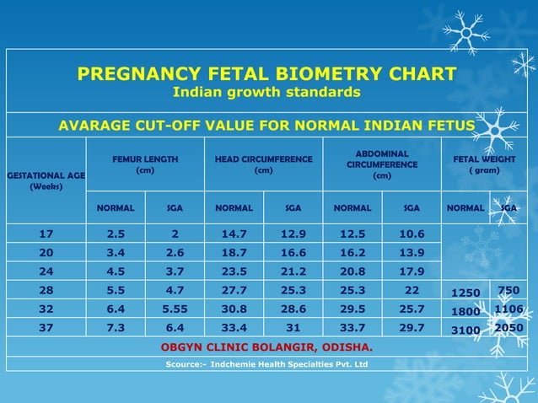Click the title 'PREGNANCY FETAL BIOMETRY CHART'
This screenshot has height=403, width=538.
[x=266, y=73]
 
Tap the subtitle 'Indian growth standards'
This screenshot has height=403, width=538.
[x=266, y=92]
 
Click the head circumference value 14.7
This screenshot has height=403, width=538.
[x=234, y=234]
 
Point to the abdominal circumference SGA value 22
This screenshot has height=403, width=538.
[x=411, y=289]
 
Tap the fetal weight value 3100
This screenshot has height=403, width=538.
[x=465, y=330]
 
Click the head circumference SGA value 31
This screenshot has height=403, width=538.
[x=292, y=327]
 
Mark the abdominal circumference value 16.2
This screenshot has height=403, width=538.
[x=352, y=252]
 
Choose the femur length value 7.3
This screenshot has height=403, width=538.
[x=116, y=327]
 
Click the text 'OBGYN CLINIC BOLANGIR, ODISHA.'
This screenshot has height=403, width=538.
[x=266, y=347]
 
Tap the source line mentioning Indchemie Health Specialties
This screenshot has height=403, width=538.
[x=266, y=364]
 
